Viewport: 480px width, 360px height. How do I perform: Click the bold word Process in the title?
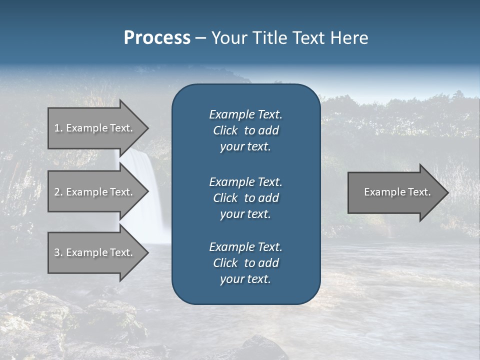tap(157, 38)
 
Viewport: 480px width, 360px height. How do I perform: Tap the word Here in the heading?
tap(349, 38)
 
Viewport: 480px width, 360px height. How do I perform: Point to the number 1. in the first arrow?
tap(58, 128)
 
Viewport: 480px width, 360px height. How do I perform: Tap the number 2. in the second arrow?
tap(58, 192)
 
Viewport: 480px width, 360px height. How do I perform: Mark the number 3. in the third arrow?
tap(58, 252)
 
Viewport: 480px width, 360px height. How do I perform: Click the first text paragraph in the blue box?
tap(245, 130)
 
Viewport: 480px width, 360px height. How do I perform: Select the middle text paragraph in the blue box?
tap(245, 197)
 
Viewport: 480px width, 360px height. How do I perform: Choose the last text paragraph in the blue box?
tap(245, 263)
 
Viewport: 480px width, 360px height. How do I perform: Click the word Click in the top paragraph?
tap(225, 130)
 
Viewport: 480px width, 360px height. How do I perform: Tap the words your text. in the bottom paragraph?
tap(245, 279)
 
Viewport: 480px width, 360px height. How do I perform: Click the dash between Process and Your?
tap(200, 38)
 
